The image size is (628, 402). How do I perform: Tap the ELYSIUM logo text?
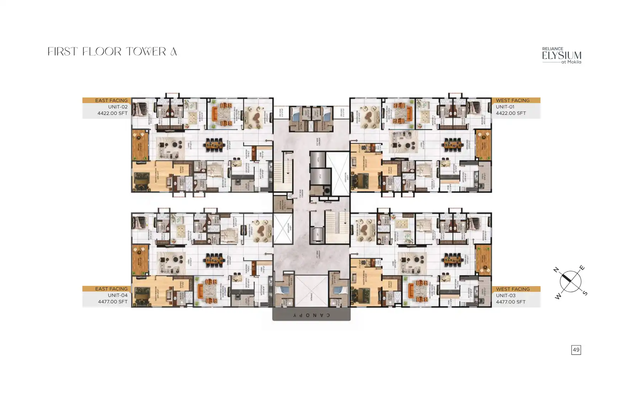(x=562, y=56)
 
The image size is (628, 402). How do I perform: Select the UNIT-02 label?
(x=118, y=107)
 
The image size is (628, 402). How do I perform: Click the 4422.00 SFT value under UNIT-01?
(x=511, y=113)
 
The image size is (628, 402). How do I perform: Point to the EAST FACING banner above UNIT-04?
(x=111, y=289)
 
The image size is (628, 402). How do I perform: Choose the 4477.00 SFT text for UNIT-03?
(x=511, y=302)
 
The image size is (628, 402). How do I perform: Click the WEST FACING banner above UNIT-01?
(x=513, y=101)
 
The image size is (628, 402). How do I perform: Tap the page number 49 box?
(x=576, y=350)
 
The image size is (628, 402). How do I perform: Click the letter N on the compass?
(x=557, y=270)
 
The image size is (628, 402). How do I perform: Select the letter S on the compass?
(x=585, y=293)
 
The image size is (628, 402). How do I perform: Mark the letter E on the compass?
(x=582, y=268)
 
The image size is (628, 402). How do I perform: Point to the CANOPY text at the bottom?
(x=312, y=315)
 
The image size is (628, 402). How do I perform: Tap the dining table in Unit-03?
(x=452, y=260)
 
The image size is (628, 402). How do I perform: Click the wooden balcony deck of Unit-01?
(x=483, y=145)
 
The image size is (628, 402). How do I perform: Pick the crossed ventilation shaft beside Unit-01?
(x=338, y=173)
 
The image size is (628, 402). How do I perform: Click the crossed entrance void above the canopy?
(x=311, y=291)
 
